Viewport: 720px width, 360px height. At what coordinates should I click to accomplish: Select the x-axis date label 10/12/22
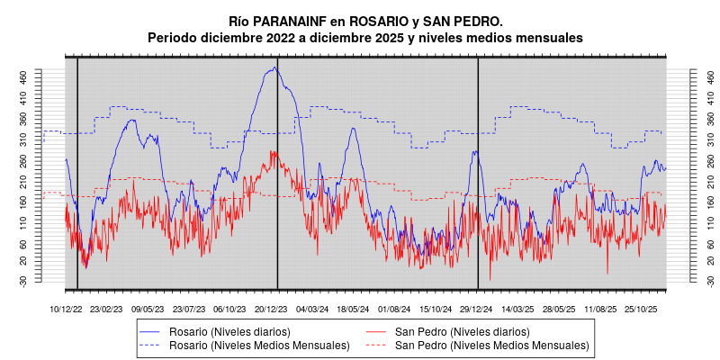click(65, 309)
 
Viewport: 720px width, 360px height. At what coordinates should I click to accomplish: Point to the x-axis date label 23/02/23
click(106, 309)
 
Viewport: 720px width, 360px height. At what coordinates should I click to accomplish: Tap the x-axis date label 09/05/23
click(148, 309)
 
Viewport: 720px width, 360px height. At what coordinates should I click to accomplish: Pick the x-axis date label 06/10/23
click(229, 309)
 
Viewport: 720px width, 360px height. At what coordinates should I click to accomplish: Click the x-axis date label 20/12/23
click(271, 309)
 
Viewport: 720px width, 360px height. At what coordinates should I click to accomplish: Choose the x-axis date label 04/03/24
click(312, 309)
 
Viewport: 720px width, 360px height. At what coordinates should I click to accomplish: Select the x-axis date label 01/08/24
click(394, 309)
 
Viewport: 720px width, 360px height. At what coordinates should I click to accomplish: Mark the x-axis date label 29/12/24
click(477, 309)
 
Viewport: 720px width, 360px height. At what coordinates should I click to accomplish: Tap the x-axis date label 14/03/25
click(517, 309)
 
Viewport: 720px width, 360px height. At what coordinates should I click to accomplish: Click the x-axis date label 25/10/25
click(642, 309)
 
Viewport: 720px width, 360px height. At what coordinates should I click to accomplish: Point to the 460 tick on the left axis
click(49, 76)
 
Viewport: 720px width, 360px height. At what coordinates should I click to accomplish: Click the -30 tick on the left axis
click(49, 281)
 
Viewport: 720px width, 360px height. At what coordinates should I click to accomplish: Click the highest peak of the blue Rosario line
click(274, 67)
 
